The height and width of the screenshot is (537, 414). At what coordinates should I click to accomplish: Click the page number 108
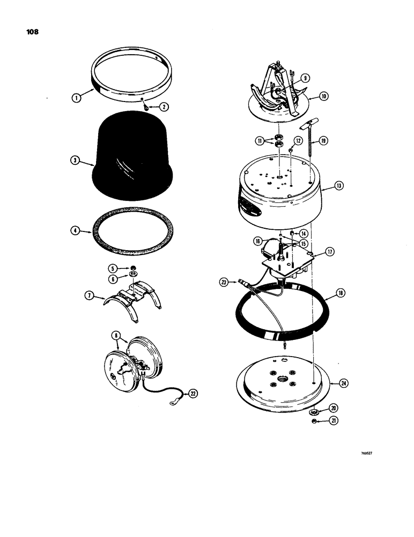pyautogui.click(x=33, y=31)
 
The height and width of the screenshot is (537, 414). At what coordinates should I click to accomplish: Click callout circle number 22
pyautogui.click(x=193, y=394)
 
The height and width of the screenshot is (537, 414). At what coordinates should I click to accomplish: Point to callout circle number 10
pyautogui.click(x=324, y=97)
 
